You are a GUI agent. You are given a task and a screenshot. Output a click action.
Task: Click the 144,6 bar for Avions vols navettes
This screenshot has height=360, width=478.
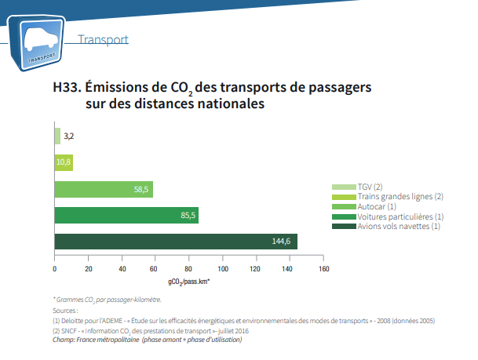coord(176,241)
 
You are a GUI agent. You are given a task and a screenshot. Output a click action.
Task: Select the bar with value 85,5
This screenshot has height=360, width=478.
coord(126,215)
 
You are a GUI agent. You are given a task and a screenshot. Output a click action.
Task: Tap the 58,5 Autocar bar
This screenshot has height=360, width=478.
coord(104,189)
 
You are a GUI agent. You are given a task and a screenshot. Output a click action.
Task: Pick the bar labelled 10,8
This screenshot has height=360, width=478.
coord(64,162)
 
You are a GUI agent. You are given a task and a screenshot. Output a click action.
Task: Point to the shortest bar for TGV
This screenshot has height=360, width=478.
coord(57,136)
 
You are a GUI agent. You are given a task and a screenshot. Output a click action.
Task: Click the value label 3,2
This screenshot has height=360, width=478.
coord(69,136)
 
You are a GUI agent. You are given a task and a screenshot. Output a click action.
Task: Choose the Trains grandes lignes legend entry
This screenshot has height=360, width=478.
coord(400,196)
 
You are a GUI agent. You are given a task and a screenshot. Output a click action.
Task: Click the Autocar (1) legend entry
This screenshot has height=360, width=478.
coord(376,206)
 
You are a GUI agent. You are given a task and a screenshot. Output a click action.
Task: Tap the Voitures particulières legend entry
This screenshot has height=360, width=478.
coord(400,216)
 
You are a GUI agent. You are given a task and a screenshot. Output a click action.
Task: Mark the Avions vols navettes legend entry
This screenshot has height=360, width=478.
coord(398,226)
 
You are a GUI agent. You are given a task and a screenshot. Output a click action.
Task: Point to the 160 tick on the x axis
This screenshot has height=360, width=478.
coord(322,269)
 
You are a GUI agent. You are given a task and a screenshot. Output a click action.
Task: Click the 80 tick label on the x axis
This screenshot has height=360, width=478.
coord(188,269)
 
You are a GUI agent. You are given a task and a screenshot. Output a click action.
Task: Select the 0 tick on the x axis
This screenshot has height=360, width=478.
coord(55,269)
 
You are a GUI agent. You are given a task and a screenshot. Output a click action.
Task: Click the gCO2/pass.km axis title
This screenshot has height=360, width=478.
coord(188,281)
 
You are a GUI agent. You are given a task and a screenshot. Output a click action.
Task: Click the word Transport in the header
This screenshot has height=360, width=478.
coord(104,39)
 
